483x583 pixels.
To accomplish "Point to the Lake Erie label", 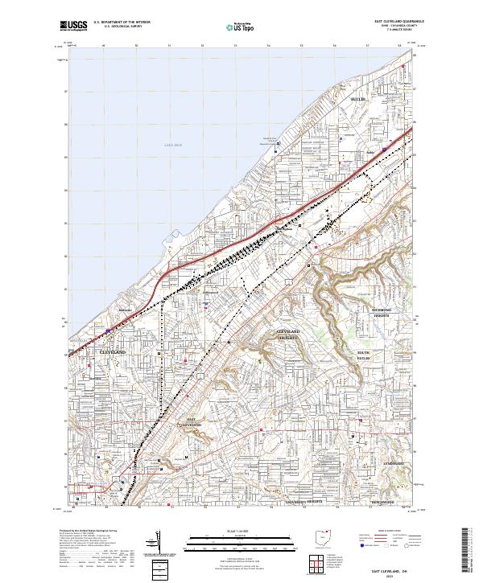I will pos(174,145).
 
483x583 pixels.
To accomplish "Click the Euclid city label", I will pos(358,100).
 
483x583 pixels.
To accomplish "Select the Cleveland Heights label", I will pos(288,335).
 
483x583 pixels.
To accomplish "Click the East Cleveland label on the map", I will pos(192,423).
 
